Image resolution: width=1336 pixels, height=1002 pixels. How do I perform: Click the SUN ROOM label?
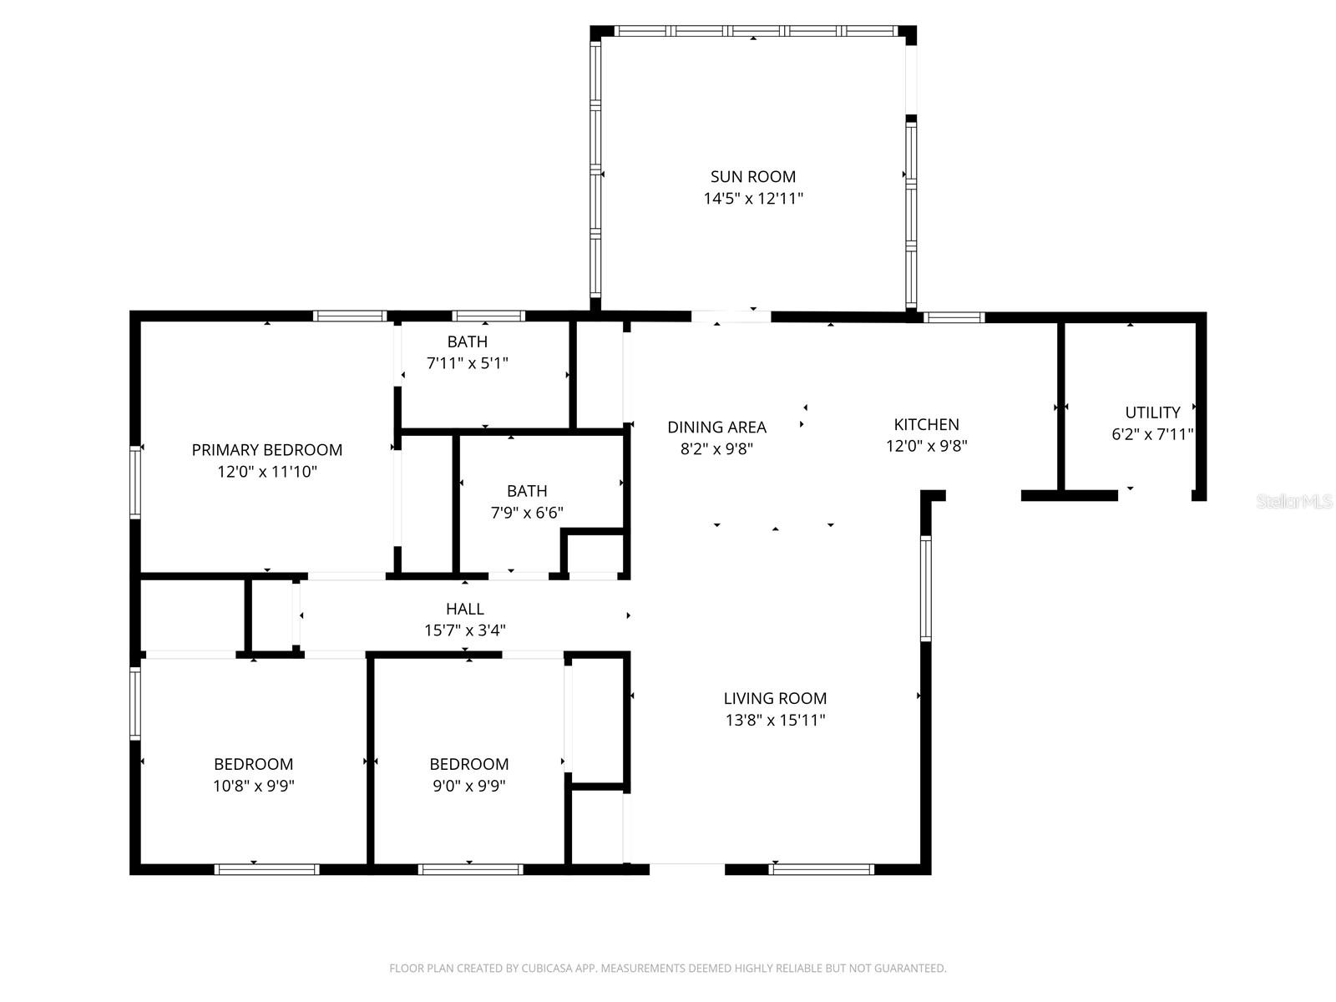pyautogui.click(x=752, y=176)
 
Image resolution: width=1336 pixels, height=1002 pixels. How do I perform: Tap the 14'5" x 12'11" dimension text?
pyautogui.click(x=752, y=199)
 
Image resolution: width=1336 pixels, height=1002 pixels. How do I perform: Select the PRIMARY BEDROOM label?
pyautogui.click(x=266, y=450)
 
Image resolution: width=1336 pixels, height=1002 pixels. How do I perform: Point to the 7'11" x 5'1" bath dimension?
pyautogui.click(x=467, y=363)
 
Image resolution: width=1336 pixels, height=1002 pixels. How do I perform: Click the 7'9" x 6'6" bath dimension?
pyautogui.click(x=526, y=513)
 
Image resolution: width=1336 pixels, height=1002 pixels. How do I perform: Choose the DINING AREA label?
pyautogui.click(x=716, y=428)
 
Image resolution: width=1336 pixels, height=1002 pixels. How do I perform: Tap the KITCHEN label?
pyautogui.click(x=926, y=424)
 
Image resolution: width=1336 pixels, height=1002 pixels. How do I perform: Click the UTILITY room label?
pyautogui.click(x=1151, y=412)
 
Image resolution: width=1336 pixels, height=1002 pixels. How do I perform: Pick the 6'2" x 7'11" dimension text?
pyautogui.click(x=1151, y=434)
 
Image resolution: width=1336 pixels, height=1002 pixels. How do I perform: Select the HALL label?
pyautogui.click(x=464, y=609)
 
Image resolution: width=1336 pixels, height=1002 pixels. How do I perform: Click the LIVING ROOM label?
pyautogui.click(x=775, y=698)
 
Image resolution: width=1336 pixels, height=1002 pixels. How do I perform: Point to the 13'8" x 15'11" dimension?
pyautogui.click(x=775, y=720)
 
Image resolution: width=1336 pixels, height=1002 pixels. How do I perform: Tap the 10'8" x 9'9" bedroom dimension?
pyautogui.click(x=253, y=786)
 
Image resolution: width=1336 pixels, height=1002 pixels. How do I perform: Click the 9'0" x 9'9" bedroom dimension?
pyautogui.click(x=468, y=786)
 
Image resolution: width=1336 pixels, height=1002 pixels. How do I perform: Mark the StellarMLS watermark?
pyautogui.click(x=1294, y=501)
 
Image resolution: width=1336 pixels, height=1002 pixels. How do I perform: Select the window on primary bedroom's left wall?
pyautogui.click(x=135, y=483)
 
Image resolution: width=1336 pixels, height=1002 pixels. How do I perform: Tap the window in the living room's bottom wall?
pyautogui.click(x=821, y=869)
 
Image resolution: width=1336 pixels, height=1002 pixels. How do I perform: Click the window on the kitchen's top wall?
pyautogui.click(x=954, y=317)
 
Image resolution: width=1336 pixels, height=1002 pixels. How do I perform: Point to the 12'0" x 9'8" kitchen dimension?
pyautogui.click(x=926, y=446)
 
